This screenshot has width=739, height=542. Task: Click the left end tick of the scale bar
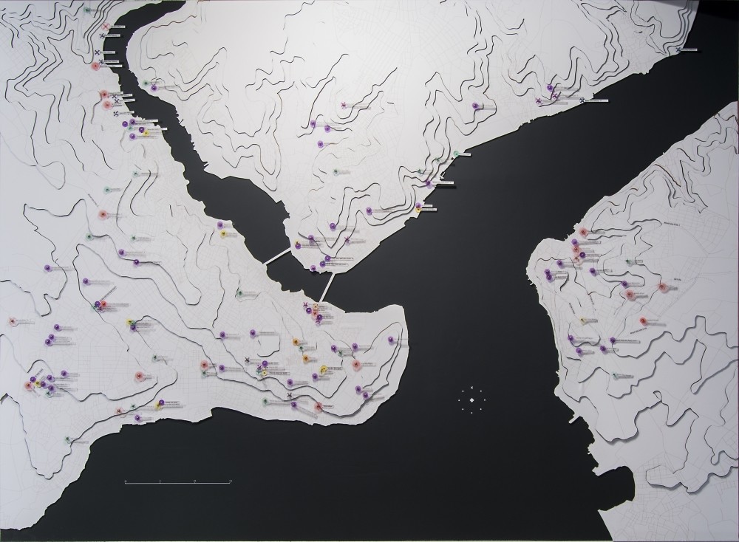(x=125, y=481)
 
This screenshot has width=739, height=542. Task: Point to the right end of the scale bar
(x=231, y=481)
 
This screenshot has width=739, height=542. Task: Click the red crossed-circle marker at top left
(x=106, y=27)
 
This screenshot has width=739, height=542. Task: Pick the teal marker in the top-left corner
(x=86, y=11)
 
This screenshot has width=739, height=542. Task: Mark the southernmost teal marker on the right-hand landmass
(x=615, y=375)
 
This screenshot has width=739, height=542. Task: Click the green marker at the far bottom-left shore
(x=67, y=439)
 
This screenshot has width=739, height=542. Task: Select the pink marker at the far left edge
(x=12, y=321)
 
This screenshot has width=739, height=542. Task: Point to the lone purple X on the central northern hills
(x=344, y=106)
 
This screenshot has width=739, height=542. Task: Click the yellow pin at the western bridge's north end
(x=298, y=244)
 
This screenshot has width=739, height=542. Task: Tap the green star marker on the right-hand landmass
(x=629, y=262)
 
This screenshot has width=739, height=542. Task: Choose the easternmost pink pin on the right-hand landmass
(x=643, y=320)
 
